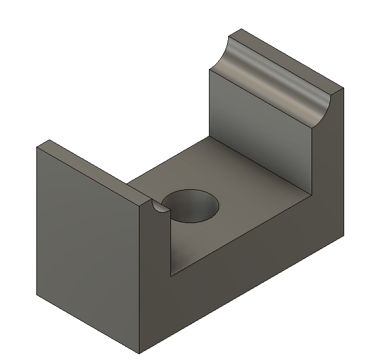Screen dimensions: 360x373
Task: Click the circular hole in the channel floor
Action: click(191, 205)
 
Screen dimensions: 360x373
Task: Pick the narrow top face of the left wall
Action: click(94, 171)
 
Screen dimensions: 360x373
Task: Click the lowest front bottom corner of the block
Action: click(139, 354)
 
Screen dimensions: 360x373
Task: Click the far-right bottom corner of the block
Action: click(343, 235)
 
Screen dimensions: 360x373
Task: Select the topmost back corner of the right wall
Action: click(241, 29)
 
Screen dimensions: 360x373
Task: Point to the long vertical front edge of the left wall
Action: click(139, 278)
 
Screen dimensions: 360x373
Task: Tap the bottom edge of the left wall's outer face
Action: click(88, 324)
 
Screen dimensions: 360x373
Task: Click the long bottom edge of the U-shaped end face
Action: click(240, 295)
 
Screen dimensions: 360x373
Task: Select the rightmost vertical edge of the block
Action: click(343, 160)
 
